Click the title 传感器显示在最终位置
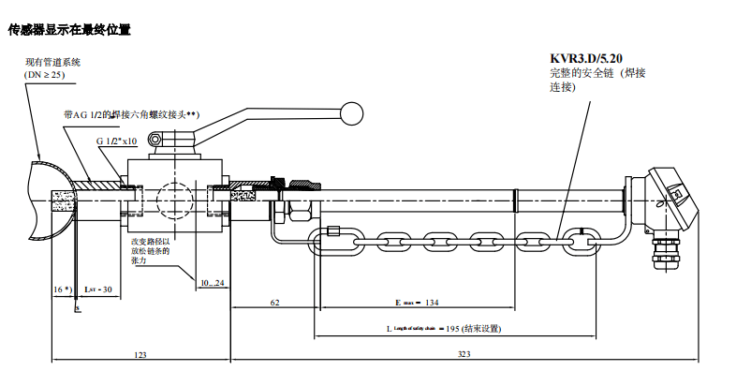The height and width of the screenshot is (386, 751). pos(68,30)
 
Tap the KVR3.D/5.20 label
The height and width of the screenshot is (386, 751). pos(587,58)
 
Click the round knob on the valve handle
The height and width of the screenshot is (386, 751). pos(352,113)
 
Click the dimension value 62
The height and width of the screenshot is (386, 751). pos(274,304)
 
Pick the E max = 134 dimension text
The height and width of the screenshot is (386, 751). pos(418,304)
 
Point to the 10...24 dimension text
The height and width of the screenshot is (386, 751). pos(213,282)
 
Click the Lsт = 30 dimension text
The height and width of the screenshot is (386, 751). pos(98,289)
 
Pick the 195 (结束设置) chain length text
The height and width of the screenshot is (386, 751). pos(476,329)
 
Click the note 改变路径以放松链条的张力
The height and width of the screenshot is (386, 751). pos(150,251)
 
